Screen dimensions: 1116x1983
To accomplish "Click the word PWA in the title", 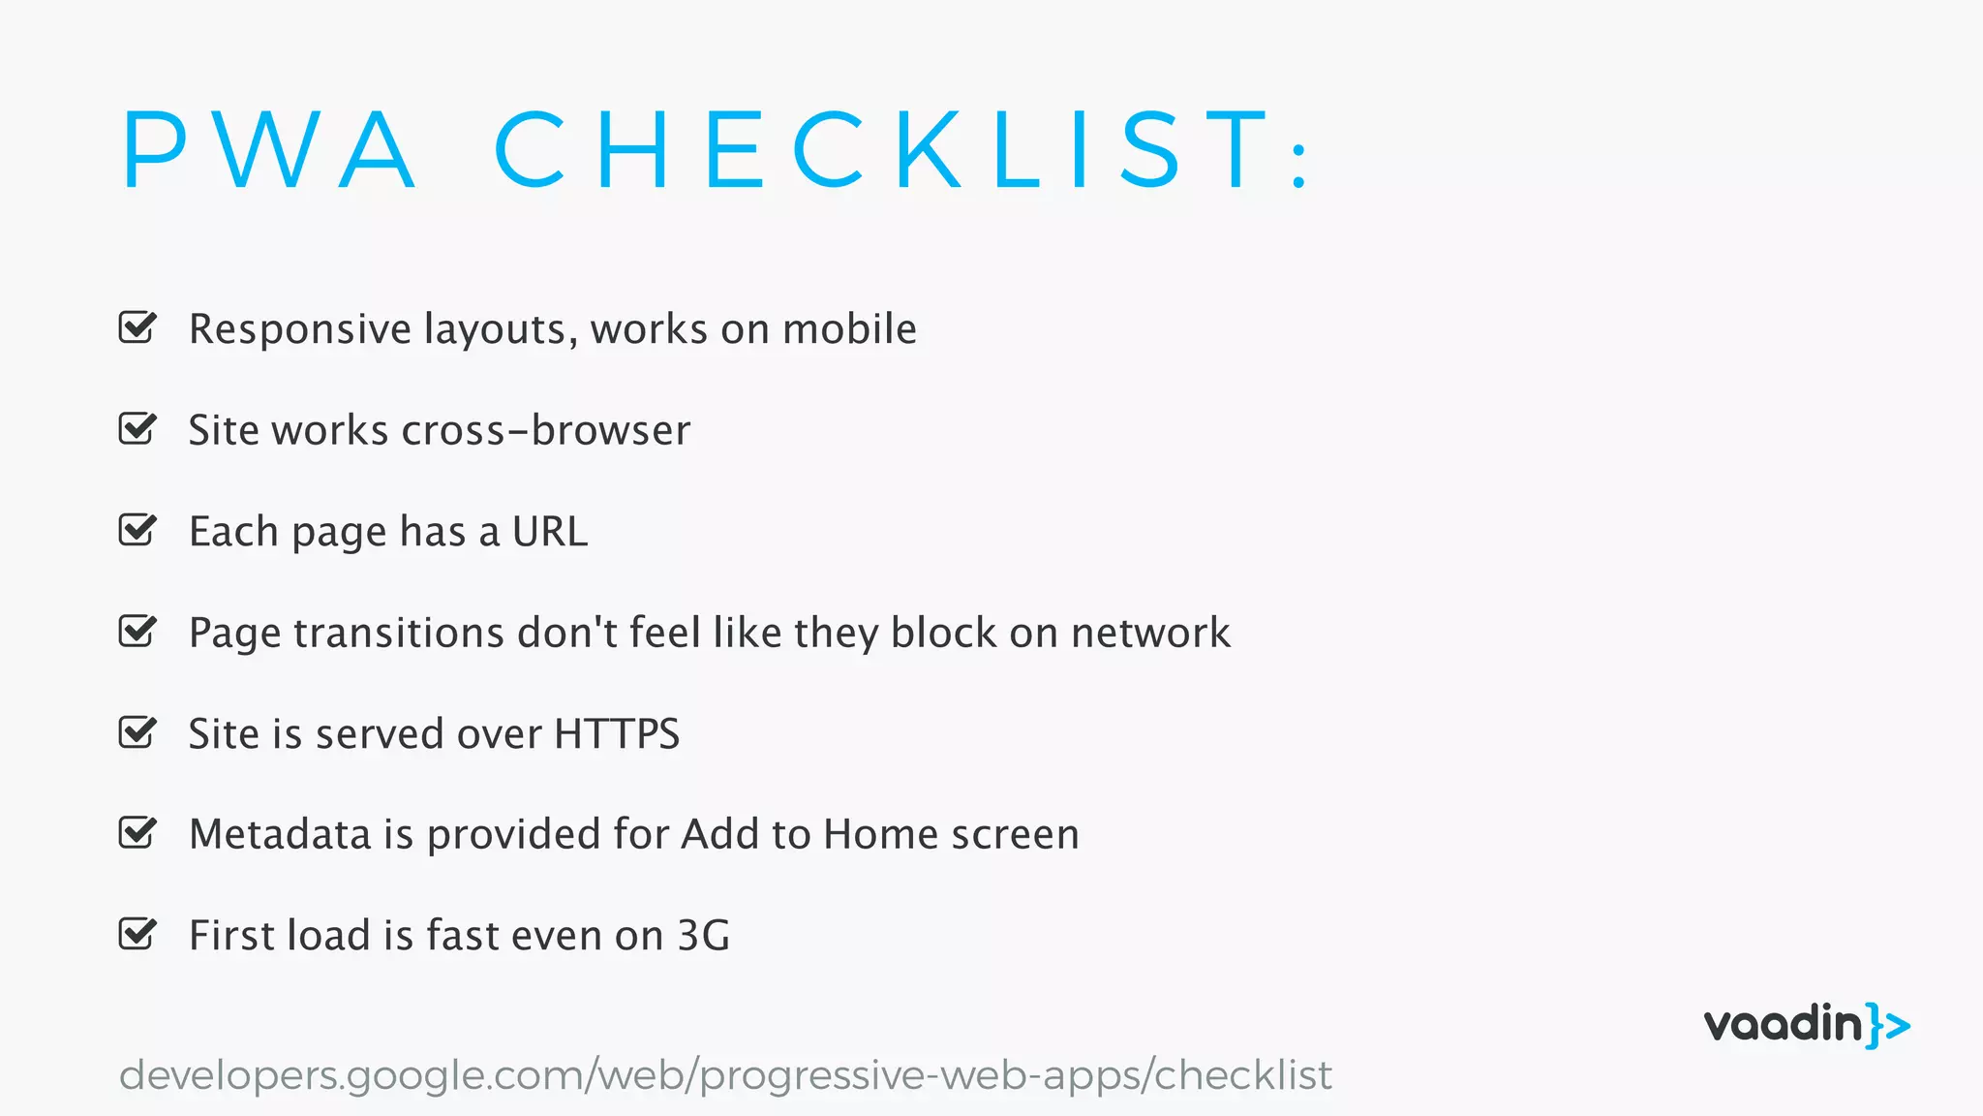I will (x=269, y=150).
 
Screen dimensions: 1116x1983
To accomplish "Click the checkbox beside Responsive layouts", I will (x=137, y=327).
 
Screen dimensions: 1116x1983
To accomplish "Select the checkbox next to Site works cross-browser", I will (x=137, y=428).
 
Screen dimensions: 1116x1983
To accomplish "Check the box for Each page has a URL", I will (x=137, y=530).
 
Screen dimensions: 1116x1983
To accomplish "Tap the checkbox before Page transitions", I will (x=137, y=631).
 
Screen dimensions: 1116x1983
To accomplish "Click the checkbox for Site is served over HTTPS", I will (x=137, y=732).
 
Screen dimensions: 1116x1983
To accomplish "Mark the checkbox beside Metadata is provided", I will (x=137, y=833).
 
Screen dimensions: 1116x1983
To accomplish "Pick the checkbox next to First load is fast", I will (x=137, y=934).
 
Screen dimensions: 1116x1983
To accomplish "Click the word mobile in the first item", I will (x=848, y=329).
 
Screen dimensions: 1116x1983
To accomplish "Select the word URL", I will (x=549, y=532).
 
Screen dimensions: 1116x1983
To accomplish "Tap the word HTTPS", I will (x=617, y=734).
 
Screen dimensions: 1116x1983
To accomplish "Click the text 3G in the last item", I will (x=703, y=936).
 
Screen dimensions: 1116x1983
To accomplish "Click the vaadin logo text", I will (x=1783, y=1025).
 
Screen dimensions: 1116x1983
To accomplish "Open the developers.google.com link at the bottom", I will (x=724, y=1075).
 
